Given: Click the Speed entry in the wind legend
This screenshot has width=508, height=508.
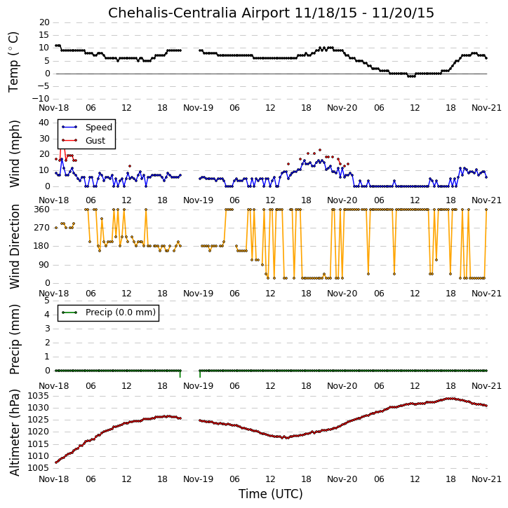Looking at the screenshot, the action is click(x=99, y=127).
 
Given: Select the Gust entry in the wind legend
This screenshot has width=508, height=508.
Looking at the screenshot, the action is click(x=95, y=140).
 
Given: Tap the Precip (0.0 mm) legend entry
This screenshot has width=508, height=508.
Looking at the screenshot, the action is click(x=121, y=313).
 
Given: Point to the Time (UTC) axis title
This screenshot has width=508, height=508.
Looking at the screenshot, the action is click(x=271, y=494).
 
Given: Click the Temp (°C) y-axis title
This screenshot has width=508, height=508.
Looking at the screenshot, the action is click(x=13, y=62).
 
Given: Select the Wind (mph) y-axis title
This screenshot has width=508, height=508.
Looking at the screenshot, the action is click(x=14, y=154).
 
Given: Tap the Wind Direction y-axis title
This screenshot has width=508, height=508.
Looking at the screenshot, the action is click(x=14, y=247).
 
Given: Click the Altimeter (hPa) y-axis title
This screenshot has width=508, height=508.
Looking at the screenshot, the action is click(x=14, y=432).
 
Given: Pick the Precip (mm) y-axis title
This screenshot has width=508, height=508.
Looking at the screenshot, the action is click(x=14, y=340).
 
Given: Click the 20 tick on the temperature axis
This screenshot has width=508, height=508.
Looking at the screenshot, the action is click(x=44, y=22).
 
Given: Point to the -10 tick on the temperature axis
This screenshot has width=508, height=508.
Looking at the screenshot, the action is click(x=41, y=99).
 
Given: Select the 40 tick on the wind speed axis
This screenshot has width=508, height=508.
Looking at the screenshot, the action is click(x=44, y=123).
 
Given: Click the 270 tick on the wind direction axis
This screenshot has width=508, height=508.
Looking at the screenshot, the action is click(x=42, y=228).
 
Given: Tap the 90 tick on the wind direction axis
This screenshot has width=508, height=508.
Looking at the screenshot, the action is click(x=44, y=265).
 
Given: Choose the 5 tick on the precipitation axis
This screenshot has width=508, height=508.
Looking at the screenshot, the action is click(x=47, y=301).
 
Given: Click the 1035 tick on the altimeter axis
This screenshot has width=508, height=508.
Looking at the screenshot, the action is click(x=39, y=396).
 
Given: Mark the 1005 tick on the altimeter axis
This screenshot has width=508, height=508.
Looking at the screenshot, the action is click(x=39, y=468).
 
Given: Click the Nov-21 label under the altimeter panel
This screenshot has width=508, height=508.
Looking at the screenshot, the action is click(x=486, y=479).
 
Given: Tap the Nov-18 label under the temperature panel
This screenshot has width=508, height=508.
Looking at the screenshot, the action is click(x=54, y=108).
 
